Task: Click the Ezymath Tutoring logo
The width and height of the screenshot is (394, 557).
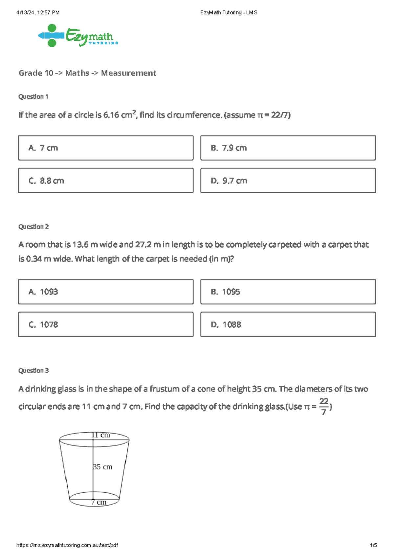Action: click(78, 36)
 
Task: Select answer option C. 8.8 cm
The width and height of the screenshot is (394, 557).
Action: click(106, 180)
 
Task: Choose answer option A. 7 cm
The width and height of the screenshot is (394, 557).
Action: click(106, 148)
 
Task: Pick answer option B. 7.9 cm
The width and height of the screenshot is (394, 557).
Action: click(288, 148)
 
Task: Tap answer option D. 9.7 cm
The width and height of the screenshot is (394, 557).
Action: click(288, 180)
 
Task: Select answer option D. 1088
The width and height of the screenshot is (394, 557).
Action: click(288, 324)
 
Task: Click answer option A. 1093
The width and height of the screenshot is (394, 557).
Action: click(106, 292)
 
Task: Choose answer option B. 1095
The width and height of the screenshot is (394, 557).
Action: click(288, 292)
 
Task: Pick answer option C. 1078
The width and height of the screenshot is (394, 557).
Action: click(106, 324)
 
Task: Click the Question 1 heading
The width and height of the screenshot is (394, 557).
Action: click(33, 97)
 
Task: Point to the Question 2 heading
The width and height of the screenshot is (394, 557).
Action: click(33, 227)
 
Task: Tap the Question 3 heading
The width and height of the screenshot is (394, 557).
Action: click(33, 371)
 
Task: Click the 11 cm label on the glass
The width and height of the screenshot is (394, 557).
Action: click(101, 435)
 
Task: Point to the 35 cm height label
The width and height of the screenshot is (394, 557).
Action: click(102, 467)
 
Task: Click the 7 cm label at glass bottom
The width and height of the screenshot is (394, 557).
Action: click(99, 502)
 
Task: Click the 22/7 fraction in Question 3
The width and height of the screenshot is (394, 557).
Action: click(324, 406)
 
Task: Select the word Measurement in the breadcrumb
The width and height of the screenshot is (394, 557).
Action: click(128, 73)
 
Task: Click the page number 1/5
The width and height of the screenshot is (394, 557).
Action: click(373, 545)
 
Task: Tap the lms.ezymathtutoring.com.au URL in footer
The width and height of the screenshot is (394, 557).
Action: click(67, 545)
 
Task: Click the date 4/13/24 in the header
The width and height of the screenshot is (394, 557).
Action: click(26, 12)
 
